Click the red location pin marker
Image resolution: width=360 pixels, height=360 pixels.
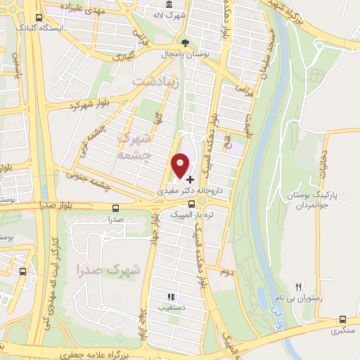pos(181,165)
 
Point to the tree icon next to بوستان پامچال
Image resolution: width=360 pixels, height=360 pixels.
pos(184,42)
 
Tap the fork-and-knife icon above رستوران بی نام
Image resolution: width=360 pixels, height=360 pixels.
pos(298,287)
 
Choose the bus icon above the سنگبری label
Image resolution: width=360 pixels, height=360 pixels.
pos(342,319)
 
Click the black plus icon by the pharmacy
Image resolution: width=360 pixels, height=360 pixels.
pos(190,180)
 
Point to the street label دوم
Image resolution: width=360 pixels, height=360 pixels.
pos(225,271)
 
